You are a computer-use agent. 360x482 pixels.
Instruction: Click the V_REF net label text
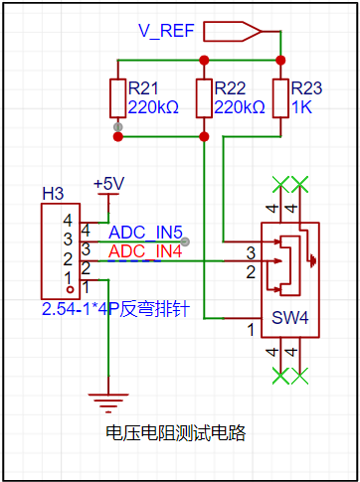pyautogui.click(x=166, y=31)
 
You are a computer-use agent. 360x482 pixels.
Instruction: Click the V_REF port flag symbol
pyautogui.click(x=232, y=32)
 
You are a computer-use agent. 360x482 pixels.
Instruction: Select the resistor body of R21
pyautogui.click(x=117, y=98)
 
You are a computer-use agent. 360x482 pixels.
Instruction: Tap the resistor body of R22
pyautogui.click(x=204, y=98)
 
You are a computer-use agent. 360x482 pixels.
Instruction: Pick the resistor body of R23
pyautogui.click(x=280, y=98)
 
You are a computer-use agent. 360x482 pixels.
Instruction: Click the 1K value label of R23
pyautogui.click(x=301, y=107)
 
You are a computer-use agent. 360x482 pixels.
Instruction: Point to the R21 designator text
pyautogui.click(x=143, y=88)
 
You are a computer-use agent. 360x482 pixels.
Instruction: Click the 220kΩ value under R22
pyautogui.click(x=240, y=107)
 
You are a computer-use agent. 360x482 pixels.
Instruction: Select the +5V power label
pyautogui.click(x=109, y=184)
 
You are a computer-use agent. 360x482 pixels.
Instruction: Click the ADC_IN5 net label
pyautogui.click(x=145, y=233)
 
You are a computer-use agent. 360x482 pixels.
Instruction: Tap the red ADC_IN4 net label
pyautogui.click(x=145, y=251)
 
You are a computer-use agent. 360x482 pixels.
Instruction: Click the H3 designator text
pyautogui.click(x=53, y=194)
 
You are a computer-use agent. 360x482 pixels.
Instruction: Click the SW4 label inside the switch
pyautogui.click(x=290, y=318)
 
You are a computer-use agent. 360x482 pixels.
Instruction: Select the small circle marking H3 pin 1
pyautogui.click(x=70, y=290)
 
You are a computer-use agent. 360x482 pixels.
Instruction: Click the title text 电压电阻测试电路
pyautogui.click(x=176, y=432)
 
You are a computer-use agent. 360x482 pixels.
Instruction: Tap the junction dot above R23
pyautogui.click(x=280, y=61)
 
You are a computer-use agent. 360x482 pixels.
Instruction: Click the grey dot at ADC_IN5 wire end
pyautogui.click(x=186, y=242)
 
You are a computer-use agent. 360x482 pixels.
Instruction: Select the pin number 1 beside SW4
pyautogui.click(x=251, y=330)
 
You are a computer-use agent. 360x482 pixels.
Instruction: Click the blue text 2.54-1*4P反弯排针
pyautogui.click(x=115, y=309)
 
